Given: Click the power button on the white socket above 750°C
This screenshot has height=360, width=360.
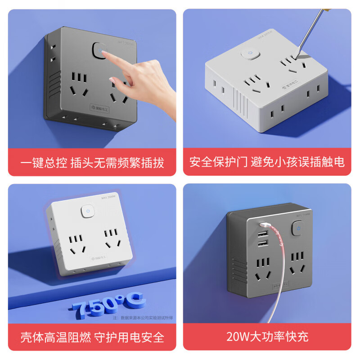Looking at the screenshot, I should coord(88,211).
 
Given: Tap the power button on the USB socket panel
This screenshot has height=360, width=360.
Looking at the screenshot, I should coord(298,229).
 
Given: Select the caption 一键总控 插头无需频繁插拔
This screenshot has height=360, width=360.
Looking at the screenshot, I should coord(92,162).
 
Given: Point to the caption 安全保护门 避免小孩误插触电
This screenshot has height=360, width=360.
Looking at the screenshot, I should coord(267,162).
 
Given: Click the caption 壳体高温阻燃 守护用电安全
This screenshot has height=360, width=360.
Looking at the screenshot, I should coord(92,337).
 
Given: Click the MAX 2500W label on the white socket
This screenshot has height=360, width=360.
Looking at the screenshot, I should coord(108,197).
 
